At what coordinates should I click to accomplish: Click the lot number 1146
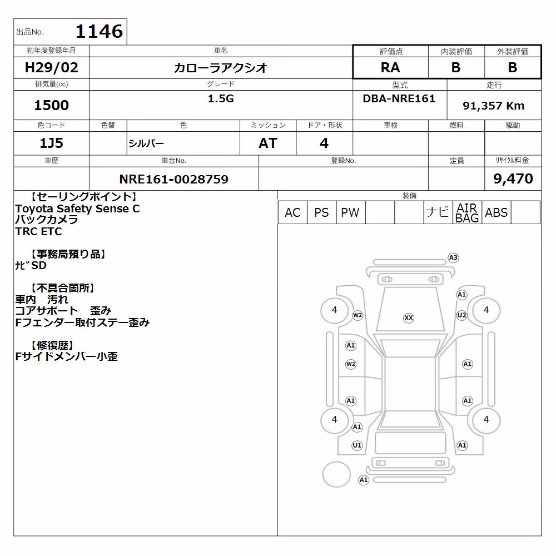tap(100, 31)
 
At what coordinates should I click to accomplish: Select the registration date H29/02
tap(51, 67)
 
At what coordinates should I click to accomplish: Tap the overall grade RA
tap(390, 67)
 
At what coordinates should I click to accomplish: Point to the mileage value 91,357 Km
tap(493, 106)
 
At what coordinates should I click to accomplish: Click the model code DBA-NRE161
tap(399, 98)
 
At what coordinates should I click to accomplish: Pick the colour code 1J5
tap(51, 143)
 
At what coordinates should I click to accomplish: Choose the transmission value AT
tap(268, 143)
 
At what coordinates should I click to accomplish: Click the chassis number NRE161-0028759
tap(173, 179)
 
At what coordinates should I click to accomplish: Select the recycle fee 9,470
tap(513, 178)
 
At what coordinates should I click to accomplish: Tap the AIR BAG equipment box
tap(467, 212)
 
